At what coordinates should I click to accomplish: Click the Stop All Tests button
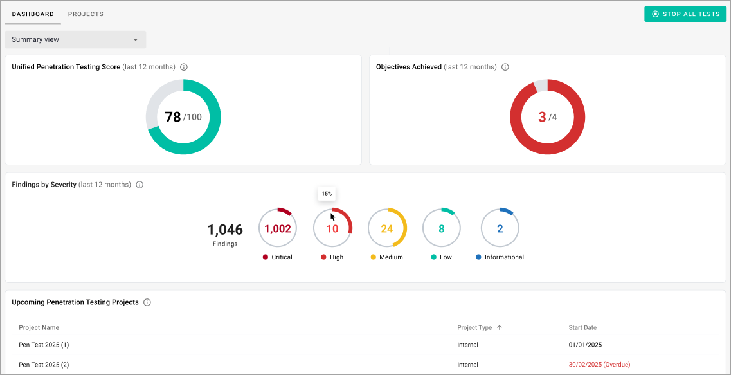tap(685, 14)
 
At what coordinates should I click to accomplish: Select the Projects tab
tap(86, 14)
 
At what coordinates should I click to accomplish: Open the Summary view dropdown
tap(75, 39)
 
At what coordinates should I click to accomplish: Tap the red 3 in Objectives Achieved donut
tap(542, 117)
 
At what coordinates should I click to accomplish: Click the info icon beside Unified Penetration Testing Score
tap(184, 67)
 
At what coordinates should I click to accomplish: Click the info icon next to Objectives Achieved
tap(505, 67)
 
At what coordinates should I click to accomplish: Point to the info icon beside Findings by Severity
tap(140, 185)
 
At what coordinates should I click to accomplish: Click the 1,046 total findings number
tap(225, 230)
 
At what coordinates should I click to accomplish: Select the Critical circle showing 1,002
tap(278, 229)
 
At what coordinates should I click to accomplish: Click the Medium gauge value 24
tap(386, 229)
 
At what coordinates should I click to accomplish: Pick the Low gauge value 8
tap(441, 229)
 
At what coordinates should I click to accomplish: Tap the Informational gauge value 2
tap(500, 229)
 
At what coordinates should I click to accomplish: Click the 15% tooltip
tap(327, 194)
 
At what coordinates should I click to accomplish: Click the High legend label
tap(336, 257)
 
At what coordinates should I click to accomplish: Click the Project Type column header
tap(474, 328)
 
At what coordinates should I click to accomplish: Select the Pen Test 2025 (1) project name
tap(44, 345)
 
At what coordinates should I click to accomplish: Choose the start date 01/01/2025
tap(585, 345)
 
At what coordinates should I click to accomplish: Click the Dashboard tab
tap(33, 14)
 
